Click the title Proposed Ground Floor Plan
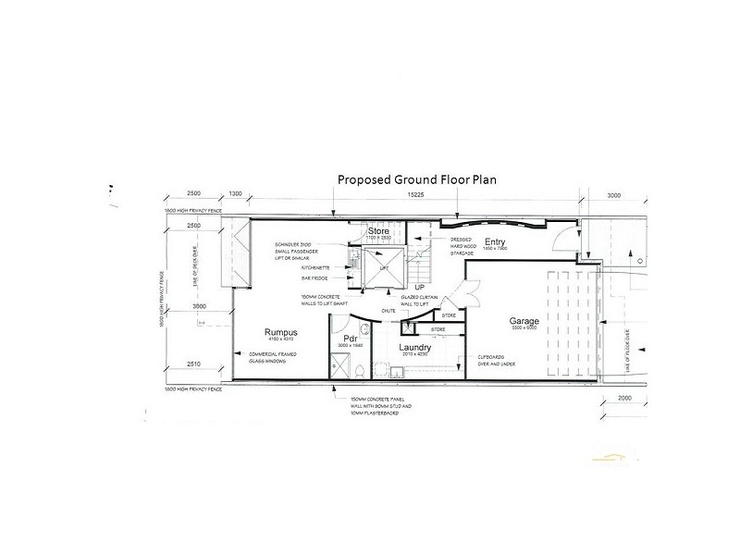416,180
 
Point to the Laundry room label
415,347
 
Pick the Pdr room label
351,339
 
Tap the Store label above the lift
377,231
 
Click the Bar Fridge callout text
290,277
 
